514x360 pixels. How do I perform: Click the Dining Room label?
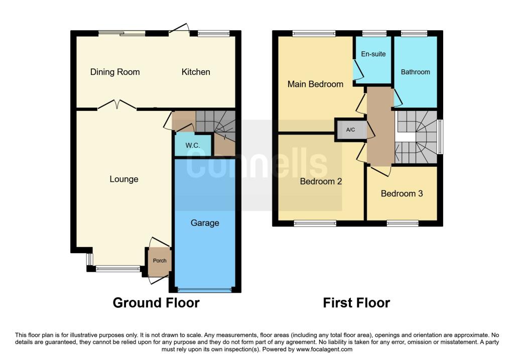click(115, 72)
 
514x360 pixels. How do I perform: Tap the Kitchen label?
click(196, 72)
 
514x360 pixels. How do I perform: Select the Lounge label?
click(124, 179)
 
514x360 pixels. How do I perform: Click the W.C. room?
click(193, 145)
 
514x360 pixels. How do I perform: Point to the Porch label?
click(159, 261)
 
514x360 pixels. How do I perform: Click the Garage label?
click(205, 223)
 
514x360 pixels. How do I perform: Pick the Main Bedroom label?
click(315, 84)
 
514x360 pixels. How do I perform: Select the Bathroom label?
click(415, 72)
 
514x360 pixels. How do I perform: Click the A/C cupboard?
click(350, 130)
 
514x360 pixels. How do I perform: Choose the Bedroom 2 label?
click(321, 181)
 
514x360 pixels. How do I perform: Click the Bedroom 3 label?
click(402, 193)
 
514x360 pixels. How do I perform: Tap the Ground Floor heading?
click(156, 303)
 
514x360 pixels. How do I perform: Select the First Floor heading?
click(356, 303)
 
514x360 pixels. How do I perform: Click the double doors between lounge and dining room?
click(116, 105)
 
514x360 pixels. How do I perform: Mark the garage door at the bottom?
click(205, 290)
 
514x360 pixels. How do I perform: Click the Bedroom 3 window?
click(403, 223)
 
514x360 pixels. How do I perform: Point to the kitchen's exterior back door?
click(179, 30)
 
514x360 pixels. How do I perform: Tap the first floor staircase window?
click(440, 137)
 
